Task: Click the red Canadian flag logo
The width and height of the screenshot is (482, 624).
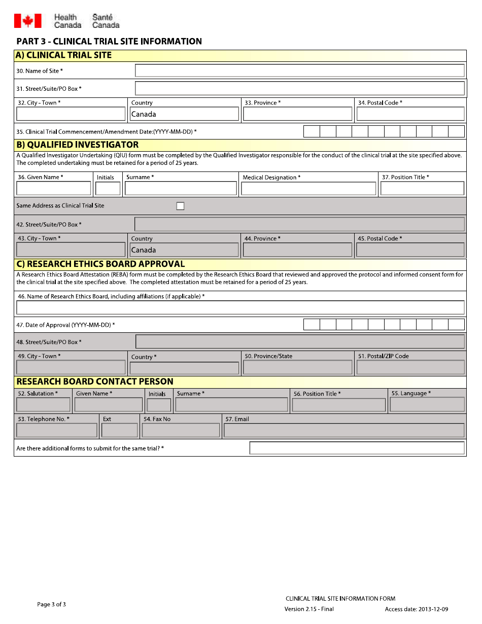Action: (x=27, y=21)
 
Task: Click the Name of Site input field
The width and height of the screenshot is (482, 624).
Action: (x=299, y=71)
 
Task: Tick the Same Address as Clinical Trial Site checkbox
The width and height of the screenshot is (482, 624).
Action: (x=180, y=206)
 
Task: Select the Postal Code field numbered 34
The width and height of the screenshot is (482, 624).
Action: (x=410, y=114)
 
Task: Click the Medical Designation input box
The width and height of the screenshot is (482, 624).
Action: (x=308, y=189)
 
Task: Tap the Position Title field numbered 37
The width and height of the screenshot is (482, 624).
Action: (x=422, y=189)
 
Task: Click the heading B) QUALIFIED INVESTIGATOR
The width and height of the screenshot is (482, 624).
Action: (x=78, y=145)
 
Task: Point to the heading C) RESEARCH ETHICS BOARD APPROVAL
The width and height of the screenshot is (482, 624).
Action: (x=100, y=264)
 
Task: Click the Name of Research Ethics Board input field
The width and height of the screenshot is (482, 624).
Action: (x=240, y=307)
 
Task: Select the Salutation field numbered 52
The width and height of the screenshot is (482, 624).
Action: (x=43, y=405)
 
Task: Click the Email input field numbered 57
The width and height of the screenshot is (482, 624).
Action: (x=343, y=430)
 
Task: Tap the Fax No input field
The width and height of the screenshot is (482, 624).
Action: (x=181, y=430)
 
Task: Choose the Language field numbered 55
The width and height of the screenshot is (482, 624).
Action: (x=427, y=404)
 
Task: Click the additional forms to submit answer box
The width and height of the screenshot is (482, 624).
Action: (x=357, y=448)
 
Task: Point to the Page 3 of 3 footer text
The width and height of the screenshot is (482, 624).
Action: (x=51, y=604)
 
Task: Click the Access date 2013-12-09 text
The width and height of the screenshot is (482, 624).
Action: (x=416, y=609)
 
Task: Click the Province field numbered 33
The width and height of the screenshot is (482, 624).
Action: (x=297, y=114)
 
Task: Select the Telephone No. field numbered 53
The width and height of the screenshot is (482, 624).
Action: (x=57, y=430)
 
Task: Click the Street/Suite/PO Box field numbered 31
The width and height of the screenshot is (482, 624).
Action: (x=299, y=88)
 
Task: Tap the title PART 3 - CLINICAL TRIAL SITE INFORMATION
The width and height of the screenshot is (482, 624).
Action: (x=109, y=42)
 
